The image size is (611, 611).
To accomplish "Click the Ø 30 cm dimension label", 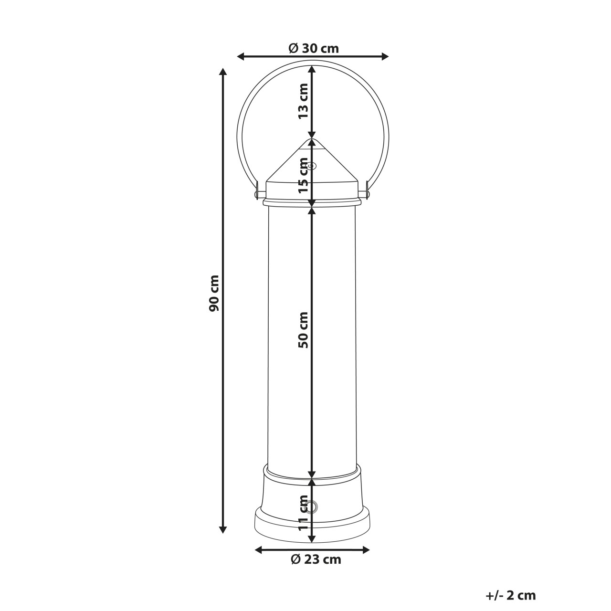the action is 313,49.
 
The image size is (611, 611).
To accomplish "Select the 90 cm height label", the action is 214,293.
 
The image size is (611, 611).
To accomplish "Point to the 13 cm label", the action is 303,101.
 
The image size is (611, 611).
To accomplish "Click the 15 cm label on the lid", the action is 303,175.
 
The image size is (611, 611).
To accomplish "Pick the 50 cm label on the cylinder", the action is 303,330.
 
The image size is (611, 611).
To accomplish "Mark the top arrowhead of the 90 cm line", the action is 223,72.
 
